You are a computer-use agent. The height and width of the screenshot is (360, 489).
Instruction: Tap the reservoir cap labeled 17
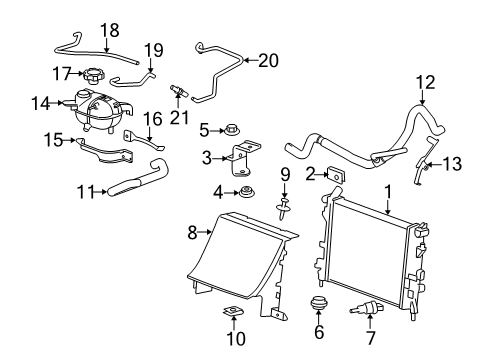[x=95, y=75]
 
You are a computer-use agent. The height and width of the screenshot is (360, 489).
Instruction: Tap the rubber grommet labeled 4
[x=241, y=192]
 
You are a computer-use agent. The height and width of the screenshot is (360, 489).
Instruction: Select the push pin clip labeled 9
[x=284, y=207]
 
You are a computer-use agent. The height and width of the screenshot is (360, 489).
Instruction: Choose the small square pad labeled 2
[x=337, y=178]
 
